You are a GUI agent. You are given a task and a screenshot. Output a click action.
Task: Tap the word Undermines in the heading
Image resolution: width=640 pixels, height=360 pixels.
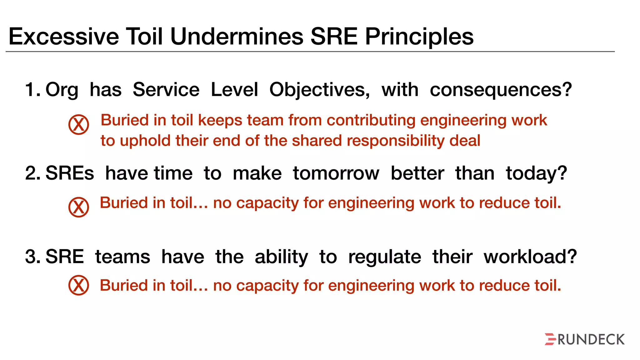click(x=237, y=37)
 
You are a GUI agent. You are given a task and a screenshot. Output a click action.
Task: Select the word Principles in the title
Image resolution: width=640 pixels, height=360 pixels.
click(x=419, y=37)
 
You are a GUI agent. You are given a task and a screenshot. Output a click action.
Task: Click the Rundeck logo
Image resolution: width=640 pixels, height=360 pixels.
click(x=584, y=339)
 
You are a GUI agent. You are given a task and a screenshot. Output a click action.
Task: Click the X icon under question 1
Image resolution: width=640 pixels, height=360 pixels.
click(x=79, y=124)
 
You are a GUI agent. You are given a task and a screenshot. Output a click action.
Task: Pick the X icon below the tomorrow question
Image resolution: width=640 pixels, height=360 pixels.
click(x=79, y=207)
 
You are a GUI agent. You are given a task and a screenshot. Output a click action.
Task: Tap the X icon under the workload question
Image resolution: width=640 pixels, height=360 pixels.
click(x=79, y=285)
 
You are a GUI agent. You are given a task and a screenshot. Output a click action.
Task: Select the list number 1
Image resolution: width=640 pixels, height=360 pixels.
click(x=32, y=90)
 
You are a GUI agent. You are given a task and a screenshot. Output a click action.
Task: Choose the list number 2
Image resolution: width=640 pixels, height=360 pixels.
click(x=32, y=173)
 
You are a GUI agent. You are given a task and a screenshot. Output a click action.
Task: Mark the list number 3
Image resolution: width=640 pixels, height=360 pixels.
click(x=32, y=257)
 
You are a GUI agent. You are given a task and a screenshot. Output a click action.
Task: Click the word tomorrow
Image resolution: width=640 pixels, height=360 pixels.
click(x=336, y=173)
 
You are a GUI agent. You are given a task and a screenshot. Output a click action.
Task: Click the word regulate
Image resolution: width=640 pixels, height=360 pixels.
click(x=385, y=257)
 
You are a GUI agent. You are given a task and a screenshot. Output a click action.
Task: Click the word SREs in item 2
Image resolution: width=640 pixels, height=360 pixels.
click(x=70, y=173)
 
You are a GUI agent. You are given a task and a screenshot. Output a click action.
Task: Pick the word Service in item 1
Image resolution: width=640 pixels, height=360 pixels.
click(x=166, y=90)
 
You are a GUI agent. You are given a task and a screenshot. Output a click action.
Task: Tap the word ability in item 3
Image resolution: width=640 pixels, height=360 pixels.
click(x=281, y=257)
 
